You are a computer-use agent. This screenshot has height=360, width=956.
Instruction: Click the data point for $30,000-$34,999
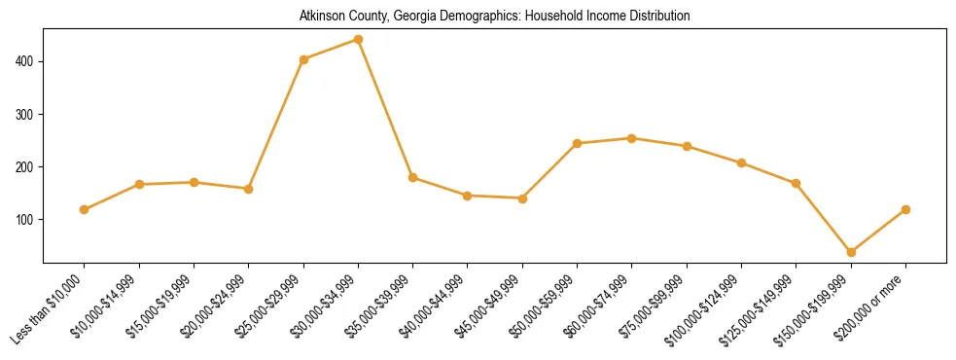(x=359, y=40)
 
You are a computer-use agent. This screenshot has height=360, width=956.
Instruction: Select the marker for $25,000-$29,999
(x=303, y=59)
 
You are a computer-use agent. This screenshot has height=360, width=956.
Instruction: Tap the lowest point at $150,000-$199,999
(x=851, y=252)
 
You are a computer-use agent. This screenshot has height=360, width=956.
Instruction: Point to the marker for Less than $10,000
(x=85, y=209)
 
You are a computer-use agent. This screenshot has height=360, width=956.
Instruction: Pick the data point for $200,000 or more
(x=905, y=209)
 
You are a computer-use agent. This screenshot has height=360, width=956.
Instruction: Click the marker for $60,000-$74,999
(x=632, y=138)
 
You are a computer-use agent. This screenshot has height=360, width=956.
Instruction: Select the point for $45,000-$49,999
(x=522, y=198)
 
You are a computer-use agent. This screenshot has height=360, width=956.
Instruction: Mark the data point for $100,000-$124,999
(x=741, y=162)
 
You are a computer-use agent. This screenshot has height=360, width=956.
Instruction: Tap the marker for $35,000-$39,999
(x=413, y=177)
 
